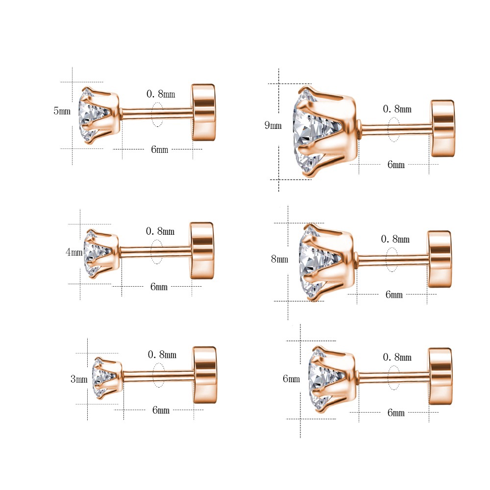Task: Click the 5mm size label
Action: pos(62,111)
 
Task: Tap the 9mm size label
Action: pos(273,125)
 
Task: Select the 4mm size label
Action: pos(74,252)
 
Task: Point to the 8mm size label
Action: pos(279,259)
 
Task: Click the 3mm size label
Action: pos(79,379)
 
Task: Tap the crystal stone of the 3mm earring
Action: pos(101,378)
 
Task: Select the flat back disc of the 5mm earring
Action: pos(203,112)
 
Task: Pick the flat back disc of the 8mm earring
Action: pos(440,259)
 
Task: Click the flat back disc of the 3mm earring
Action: pos(205,375)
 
